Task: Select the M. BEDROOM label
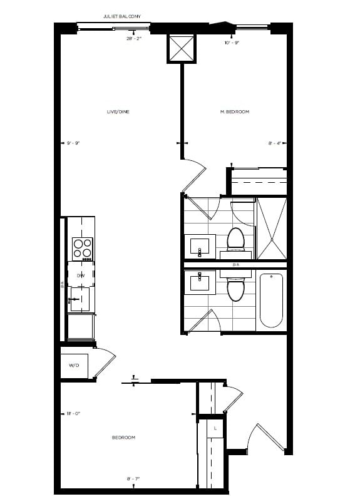[x=235, y=111]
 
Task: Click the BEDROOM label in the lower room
[x=123, y=437]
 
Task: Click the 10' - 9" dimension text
[x=232, y=43]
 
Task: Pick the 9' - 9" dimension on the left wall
[x=73, y=143]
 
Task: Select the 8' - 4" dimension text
[x=274, y=143]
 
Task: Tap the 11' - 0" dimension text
[x=73, y=413]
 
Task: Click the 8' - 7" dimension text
[x=132, y=479]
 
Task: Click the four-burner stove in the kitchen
[x=82, y=249]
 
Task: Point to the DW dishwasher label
[x=81, y=275]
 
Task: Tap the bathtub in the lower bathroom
[x=271, y=300]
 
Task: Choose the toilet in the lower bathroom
[x=235, y=289]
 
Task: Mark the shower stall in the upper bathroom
[x=271, y=228]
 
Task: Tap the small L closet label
[x=215, y=428]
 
